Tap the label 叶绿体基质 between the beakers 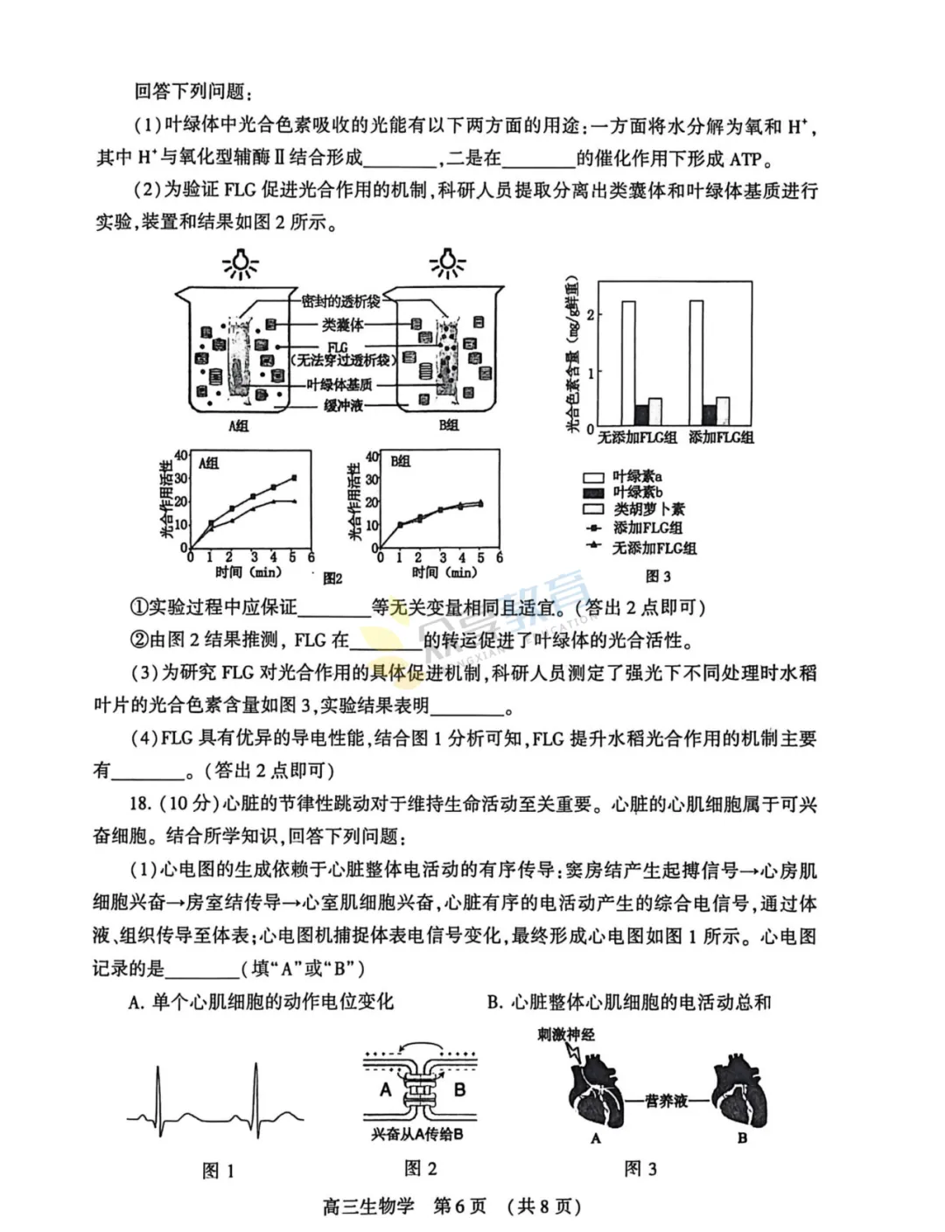(339, 384)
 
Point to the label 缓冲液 (343, 405)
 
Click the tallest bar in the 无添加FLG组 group (628, 362)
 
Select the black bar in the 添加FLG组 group (709, 414)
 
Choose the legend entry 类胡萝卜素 (648, 509)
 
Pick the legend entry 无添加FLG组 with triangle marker (654, 548)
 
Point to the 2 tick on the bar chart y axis (591, 314)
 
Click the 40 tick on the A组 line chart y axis (181, 455)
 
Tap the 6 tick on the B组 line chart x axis (500, 557)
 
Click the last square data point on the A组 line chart (294, 478)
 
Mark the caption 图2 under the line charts (332, 578)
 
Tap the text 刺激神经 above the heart (566, 1034)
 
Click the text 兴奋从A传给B (416, 1135)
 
